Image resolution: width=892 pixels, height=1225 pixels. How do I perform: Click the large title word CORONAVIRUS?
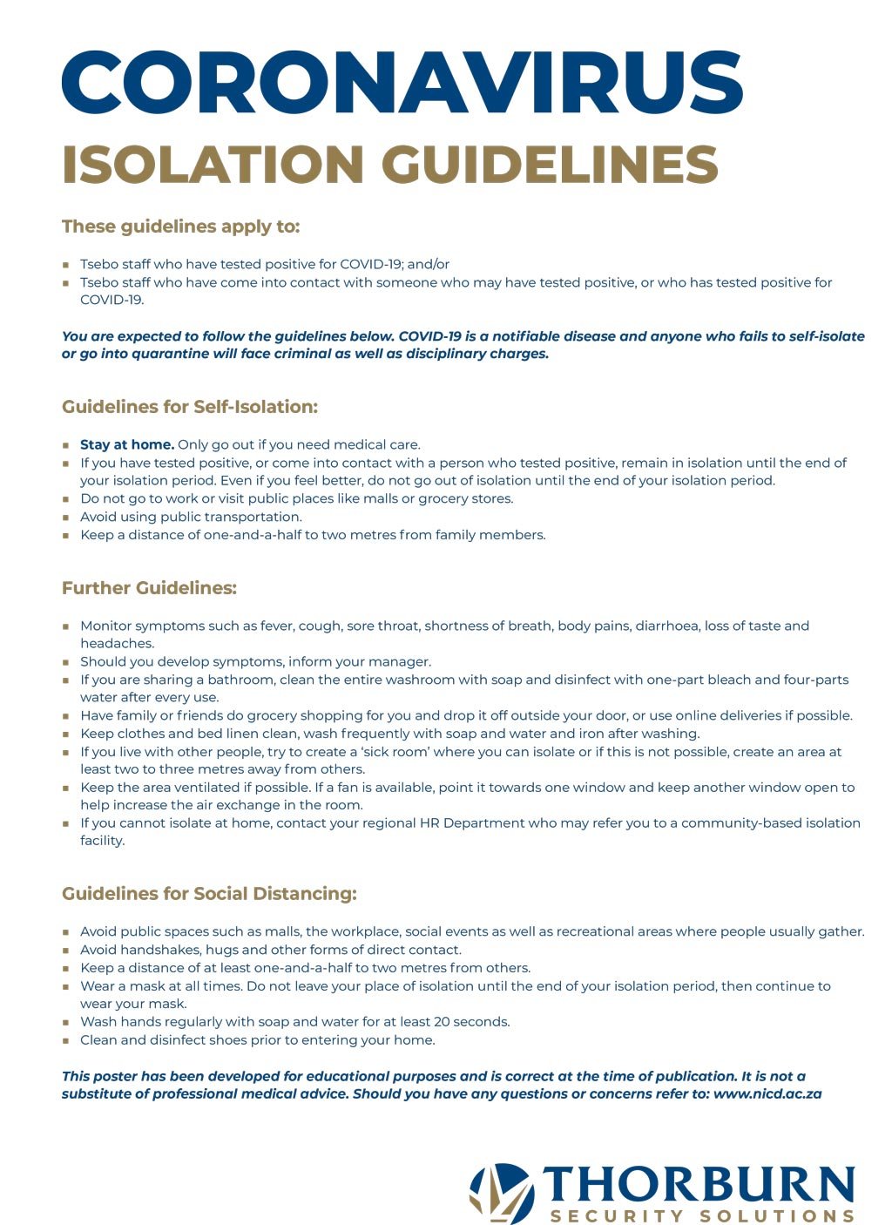402,83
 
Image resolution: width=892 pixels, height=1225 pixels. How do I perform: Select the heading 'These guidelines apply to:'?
180,227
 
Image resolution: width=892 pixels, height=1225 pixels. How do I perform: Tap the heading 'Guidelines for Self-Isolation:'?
190,407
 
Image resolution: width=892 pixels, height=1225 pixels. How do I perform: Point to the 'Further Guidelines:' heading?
149,588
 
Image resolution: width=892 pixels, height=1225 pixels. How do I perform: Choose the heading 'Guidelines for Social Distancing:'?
209,894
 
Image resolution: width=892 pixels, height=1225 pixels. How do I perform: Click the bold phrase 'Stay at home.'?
127,445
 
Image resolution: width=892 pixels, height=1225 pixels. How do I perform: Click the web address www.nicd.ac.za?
767,1094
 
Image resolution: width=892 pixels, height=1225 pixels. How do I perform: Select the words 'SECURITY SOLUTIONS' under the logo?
701,1215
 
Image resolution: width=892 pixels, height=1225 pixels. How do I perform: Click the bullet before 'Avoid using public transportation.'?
66,518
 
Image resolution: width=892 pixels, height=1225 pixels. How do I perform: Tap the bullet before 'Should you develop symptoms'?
66,662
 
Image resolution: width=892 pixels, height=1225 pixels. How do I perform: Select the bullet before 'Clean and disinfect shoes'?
66,1040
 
